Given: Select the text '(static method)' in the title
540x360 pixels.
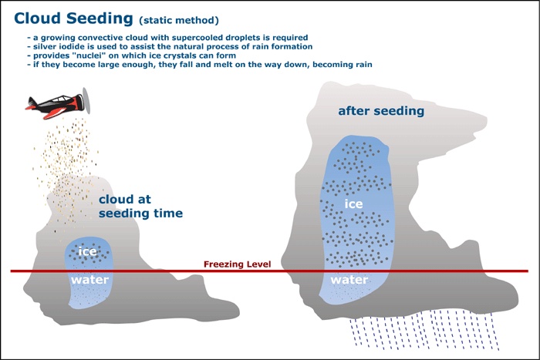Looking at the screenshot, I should coord(178,19).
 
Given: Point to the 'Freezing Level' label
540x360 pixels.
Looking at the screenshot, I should coord(238,264).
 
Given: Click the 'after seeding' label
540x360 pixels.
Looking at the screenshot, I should coord(381,111).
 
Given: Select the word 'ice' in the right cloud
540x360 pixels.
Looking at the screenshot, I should coord(353,204).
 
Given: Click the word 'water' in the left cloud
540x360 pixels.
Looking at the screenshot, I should coord(89,279).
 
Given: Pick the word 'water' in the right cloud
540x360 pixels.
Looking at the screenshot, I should coord(349,279).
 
